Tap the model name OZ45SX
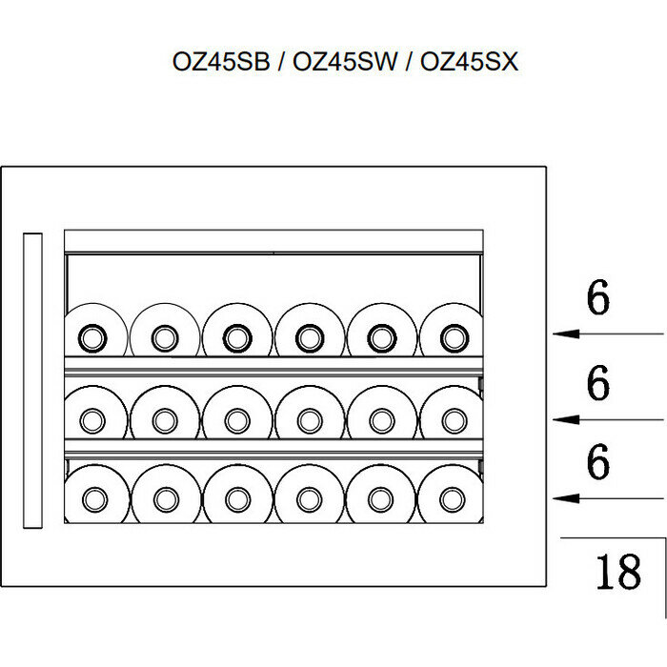469,63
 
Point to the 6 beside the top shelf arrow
597,299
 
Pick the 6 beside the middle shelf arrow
597,384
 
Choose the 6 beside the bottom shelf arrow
597,463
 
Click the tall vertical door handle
34,380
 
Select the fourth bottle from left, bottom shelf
308,495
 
